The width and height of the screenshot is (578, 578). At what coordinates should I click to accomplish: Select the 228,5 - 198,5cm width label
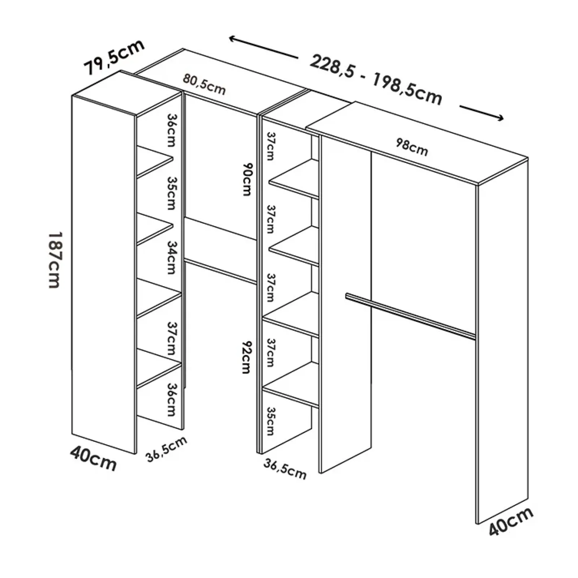coord(376,79)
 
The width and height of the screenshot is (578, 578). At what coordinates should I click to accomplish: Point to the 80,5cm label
coord(204,84)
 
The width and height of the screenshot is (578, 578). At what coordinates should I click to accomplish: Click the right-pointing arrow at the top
coord(481,112)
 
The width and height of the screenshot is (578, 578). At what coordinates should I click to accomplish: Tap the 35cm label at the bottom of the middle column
coord(271,421)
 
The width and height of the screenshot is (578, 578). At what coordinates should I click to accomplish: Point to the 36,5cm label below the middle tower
coord(285,469)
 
